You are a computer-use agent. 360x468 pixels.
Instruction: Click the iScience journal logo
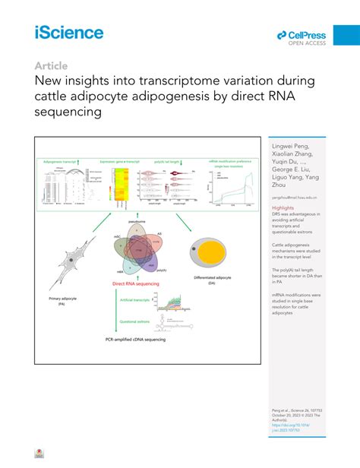click(x=68, y=32)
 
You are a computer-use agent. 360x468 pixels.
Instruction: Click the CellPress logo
click(x=302, y=36)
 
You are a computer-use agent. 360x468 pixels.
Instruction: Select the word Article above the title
click(x=50, y=66)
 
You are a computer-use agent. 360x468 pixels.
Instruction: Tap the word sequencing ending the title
click(x=68, y=112)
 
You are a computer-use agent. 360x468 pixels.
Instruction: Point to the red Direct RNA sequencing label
click(x=134, y=282)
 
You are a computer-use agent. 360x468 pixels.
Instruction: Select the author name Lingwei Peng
click(x=289, y=145)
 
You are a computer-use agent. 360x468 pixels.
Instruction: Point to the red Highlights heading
click(x=283, y=207)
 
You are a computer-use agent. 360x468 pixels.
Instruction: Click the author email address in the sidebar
click(x=293, y=197)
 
